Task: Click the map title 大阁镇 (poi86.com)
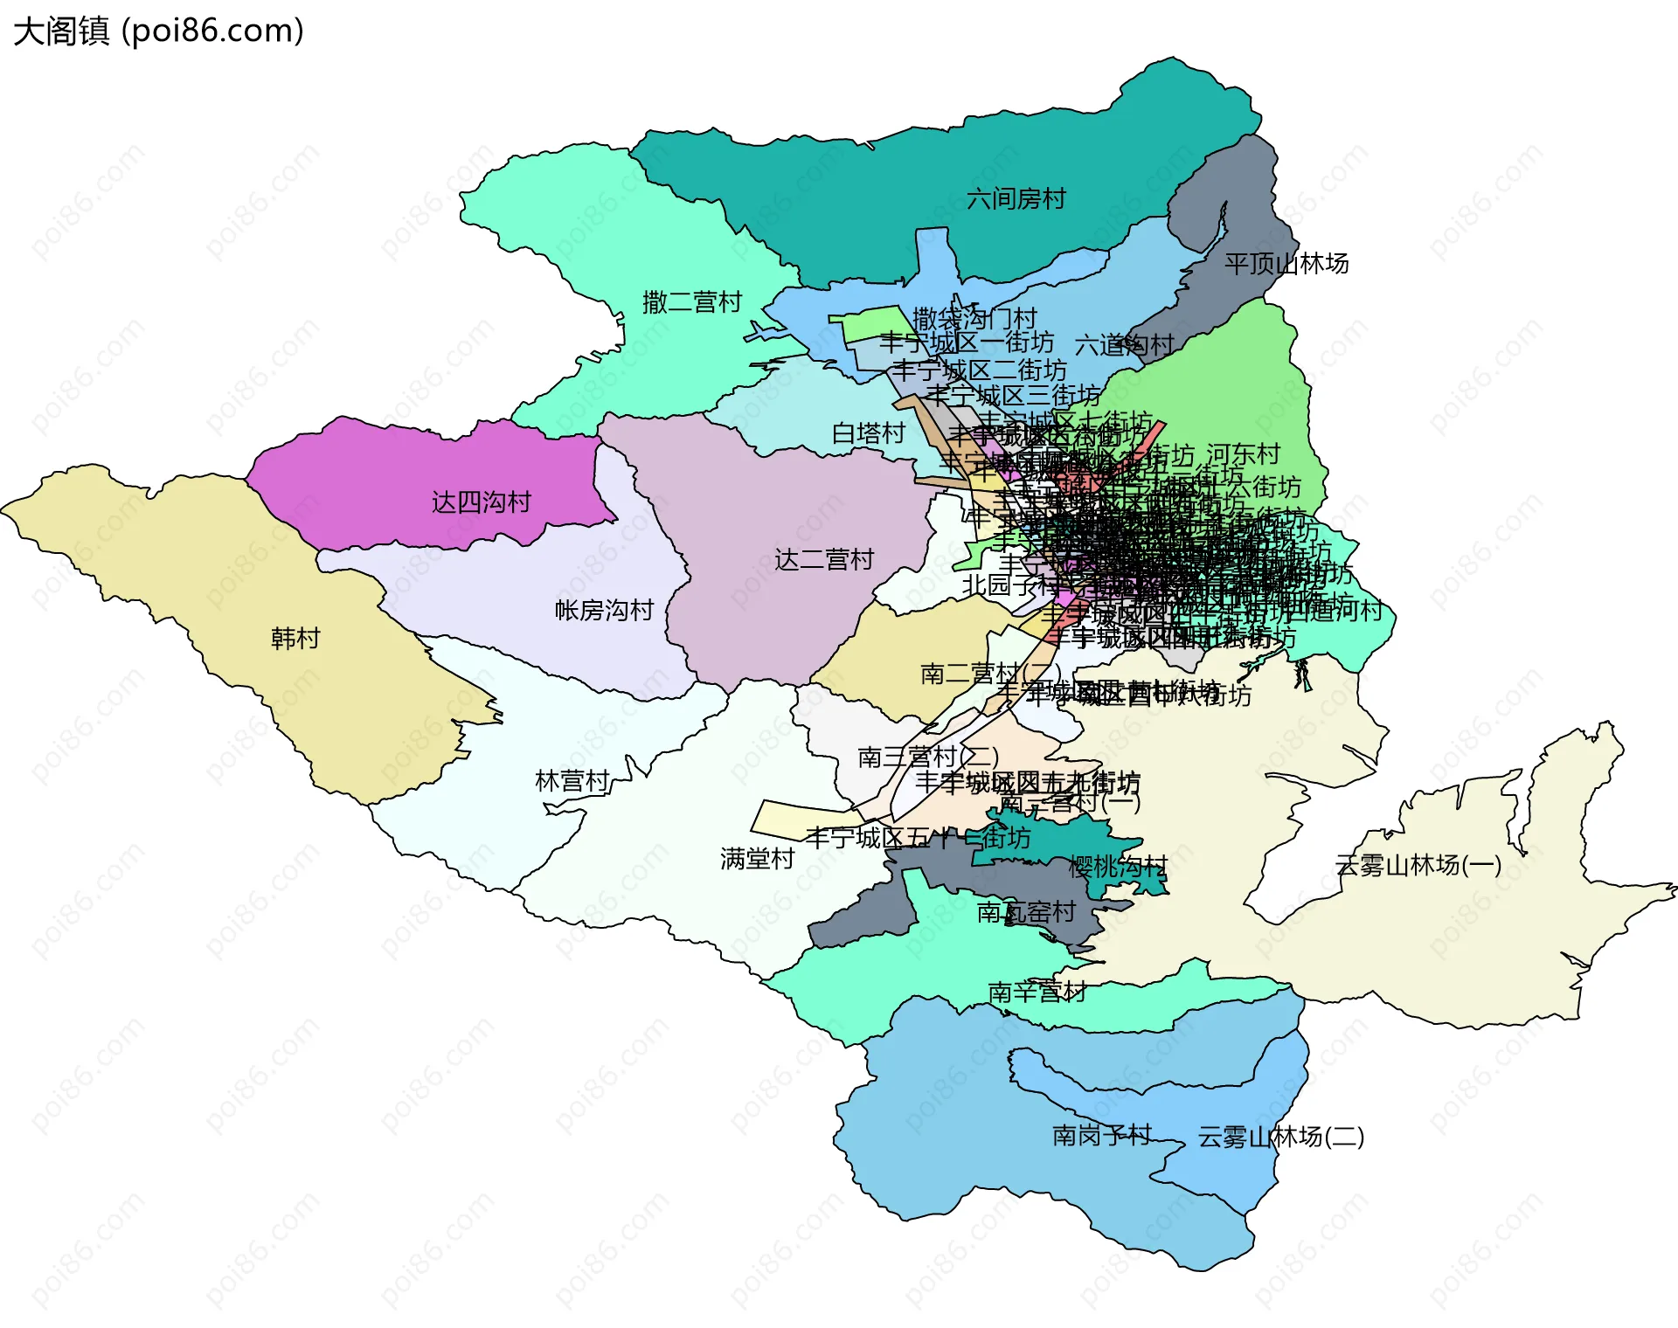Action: tap(158, 31)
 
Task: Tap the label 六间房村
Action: tap(1016, 199)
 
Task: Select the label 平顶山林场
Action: tap(1286, 264)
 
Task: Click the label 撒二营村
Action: tap(691, 302)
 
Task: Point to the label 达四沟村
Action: tap(481, 502)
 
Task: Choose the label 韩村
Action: tap(295, 639)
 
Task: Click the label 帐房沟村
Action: tap(604, 610)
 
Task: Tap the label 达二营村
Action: tap(823, 560)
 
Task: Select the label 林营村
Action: tap(572, 781)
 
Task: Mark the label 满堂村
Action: tap(757, 859)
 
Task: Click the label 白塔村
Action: tap(868, 433)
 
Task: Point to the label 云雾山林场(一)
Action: tap(1418, 865)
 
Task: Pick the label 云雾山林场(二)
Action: tap(1280, 1137)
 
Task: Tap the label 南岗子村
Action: tap(1101, 1135)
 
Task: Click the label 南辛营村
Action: tap(1037, 993)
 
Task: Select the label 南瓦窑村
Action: tap(1026, 912)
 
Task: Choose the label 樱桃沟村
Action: tap(1118, 867)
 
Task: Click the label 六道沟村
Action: tap(1124, 345)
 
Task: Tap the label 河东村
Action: tap(1243, 454)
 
